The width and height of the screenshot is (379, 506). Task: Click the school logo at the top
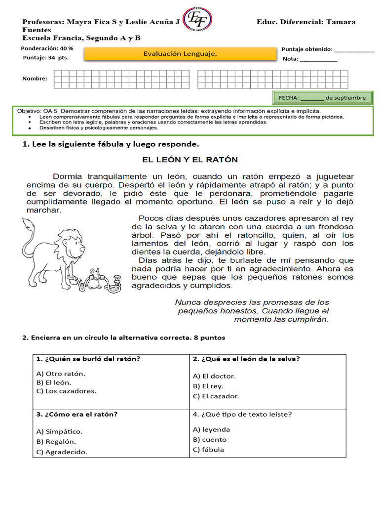coord(198,20)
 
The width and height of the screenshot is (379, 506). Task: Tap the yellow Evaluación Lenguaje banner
coord(180,54)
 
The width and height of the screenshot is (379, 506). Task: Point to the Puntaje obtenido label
coord(307,49)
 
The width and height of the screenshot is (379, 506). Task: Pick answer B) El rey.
coord(208,386)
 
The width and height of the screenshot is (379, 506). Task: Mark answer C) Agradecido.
coord(62,452)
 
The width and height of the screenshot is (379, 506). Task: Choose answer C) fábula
coord(208,449)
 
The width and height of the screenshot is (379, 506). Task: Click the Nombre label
coord(35,79)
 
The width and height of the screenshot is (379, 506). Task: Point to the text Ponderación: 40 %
coord(47,48)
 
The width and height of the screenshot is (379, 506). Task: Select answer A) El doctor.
coord(214,376)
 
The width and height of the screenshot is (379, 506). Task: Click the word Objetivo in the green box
coord(30,111)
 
